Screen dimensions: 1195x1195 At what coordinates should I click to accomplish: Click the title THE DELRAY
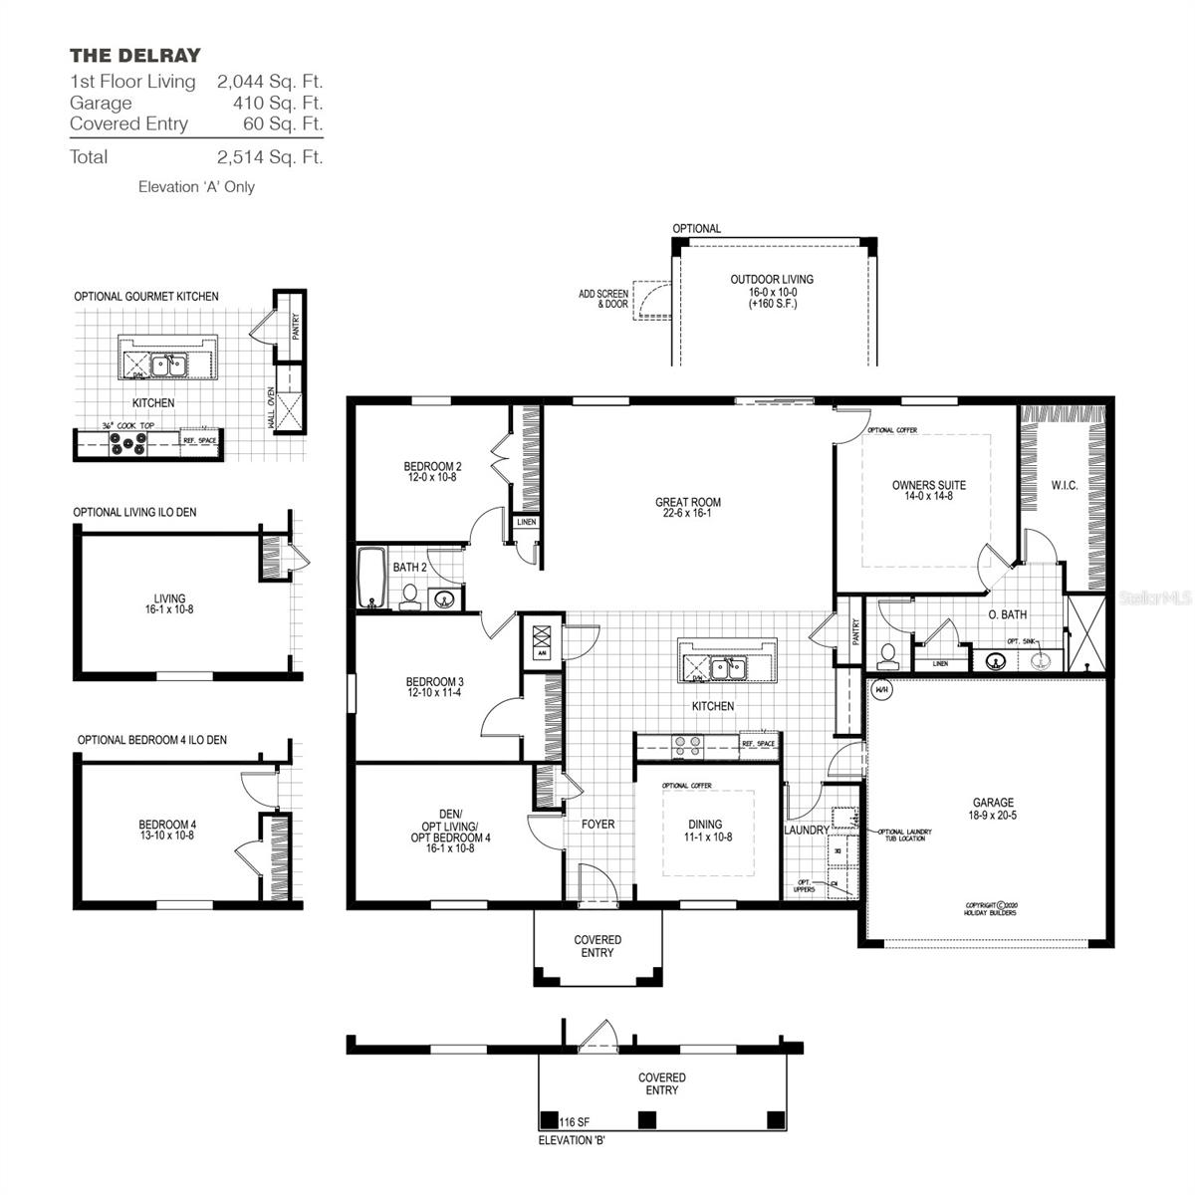click(x=134, y=56)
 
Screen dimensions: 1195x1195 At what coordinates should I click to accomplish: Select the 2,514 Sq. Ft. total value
click(x=270, y=157)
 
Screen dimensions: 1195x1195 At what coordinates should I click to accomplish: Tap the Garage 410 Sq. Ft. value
click(x=270, y=103)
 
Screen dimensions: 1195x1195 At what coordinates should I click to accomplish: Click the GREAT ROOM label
click(x=687, y=503)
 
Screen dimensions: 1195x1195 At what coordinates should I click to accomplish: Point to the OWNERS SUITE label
click(x=928, y=486)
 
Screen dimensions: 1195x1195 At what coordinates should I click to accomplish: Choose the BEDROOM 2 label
click(x=432, y=466)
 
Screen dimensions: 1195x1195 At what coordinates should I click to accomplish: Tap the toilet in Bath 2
click(x=408, y=596)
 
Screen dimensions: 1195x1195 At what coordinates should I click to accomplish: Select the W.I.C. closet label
click(x=1065, y=486)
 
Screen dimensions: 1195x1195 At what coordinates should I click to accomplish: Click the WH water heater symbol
click(x=881, y=689)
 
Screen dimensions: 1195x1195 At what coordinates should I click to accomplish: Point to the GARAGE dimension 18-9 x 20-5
click(x=993, y=815)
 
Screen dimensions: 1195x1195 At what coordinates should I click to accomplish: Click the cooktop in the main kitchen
click(x=687, y=742)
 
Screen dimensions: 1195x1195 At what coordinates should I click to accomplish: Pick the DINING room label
click(x=705, y=825)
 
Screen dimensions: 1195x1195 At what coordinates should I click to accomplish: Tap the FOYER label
click(x=598, y=825)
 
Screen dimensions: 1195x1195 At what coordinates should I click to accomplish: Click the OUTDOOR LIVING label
click(x=772, y=280)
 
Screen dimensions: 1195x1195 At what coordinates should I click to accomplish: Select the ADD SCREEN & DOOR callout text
click(x=603, y=299)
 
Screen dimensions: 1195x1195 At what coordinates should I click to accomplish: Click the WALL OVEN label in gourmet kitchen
click(x=272, y=408)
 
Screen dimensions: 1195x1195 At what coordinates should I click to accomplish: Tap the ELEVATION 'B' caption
click(x=572, y=1140)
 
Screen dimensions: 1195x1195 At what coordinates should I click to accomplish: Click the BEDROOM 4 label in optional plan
click(x=167, y=825)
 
